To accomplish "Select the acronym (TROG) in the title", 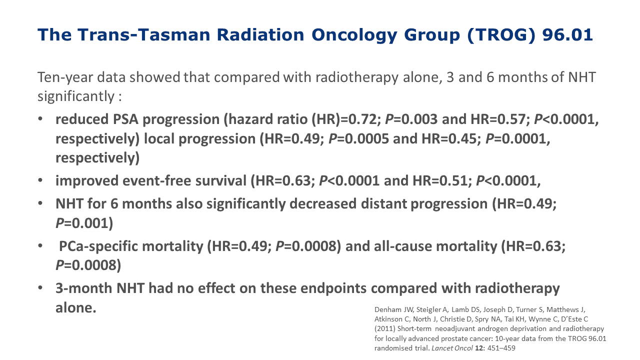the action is [501, 35].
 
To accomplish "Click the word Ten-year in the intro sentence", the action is [65, 77].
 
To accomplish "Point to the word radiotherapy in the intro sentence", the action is [357, 77].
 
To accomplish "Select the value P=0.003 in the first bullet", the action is [411, 119].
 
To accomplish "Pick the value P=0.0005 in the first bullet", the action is [358, 138].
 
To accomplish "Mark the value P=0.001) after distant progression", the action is [84, 223].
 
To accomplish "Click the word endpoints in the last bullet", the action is [333, 288].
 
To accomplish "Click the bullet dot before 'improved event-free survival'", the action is [40, 180].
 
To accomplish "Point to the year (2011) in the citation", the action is [385, 329].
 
